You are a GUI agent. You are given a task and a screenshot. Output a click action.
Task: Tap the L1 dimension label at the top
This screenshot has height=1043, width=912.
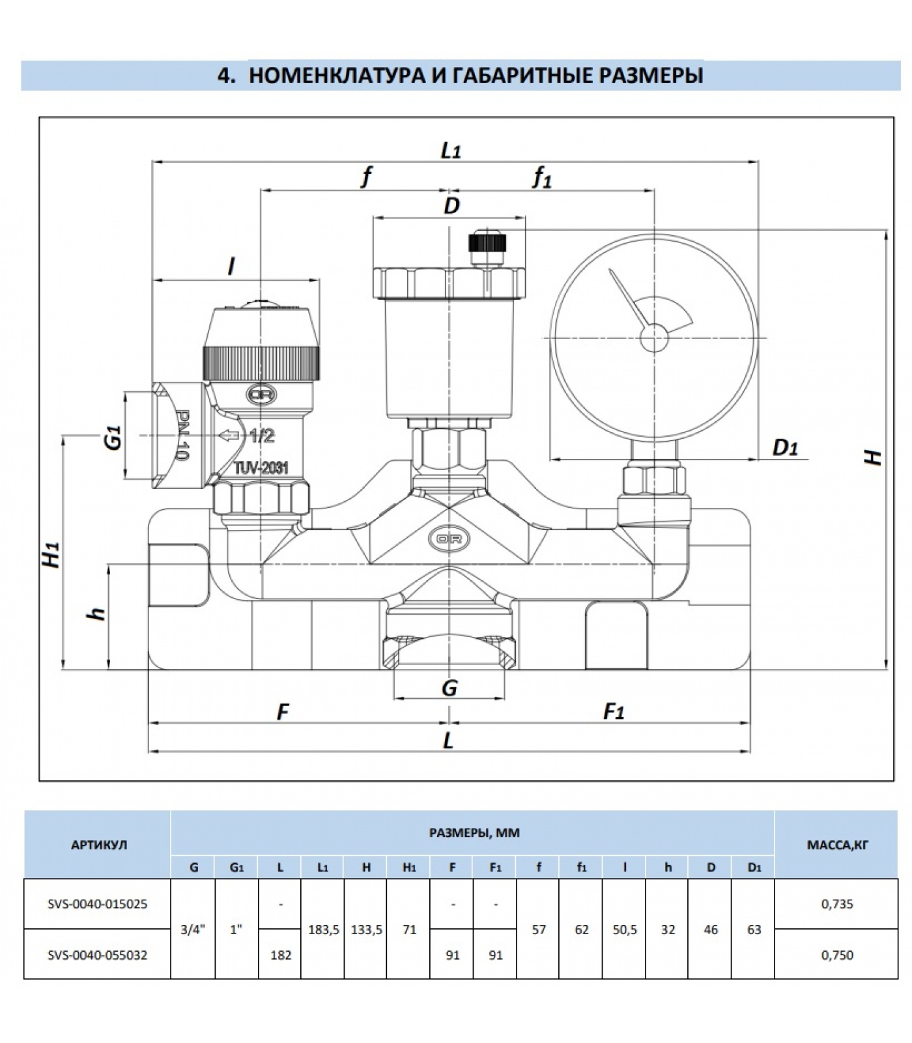tap(451, 151)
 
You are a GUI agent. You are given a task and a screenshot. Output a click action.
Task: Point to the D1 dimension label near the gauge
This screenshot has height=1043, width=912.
tap(785, 448)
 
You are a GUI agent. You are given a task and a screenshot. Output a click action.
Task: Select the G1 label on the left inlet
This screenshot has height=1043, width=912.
tap(114, 436)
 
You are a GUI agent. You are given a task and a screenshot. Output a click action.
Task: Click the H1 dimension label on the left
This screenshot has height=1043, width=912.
tap(52, 554)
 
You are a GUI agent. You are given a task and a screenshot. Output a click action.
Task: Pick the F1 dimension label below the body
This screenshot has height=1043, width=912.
tap(614, 711)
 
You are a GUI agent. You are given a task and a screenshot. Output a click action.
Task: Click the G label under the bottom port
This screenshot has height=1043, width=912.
tap(449, 688)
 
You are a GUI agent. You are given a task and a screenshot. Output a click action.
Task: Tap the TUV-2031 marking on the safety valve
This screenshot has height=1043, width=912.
tap(261, 467)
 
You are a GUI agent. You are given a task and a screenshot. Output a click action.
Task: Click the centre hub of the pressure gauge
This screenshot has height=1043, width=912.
tap(653, 338)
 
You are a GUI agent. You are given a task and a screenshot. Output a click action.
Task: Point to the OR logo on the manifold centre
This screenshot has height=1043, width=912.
tap(449, 539)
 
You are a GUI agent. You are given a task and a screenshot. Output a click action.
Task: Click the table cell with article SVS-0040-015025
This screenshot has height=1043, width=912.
tap(97, 903)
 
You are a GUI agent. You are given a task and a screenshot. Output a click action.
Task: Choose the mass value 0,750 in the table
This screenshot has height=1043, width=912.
tap(837, 955)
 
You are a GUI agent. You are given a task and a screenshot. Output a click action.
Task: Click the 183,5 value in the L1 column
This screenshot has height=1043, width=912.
tap(323, 930)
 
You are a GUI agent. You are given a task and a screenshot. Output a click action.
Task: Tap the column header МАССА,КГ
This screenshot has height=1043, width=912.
tap(837, 845)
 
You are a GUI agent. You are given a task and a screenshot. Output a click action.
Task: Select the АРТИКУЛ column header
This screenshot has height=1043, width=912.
tap(97, 845)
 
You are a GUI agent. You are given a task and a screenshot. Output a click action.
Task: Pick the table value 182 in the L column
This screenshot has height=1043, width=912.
tap(280, 955)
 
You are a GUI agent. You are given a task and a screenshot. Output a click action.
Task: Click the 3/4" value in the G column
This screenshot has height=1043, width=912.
tap(193, 930)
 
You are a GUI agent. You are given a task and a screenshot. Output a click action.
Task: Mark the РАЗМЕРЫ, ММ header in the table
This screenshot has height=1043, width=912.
tap(474, 832)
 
